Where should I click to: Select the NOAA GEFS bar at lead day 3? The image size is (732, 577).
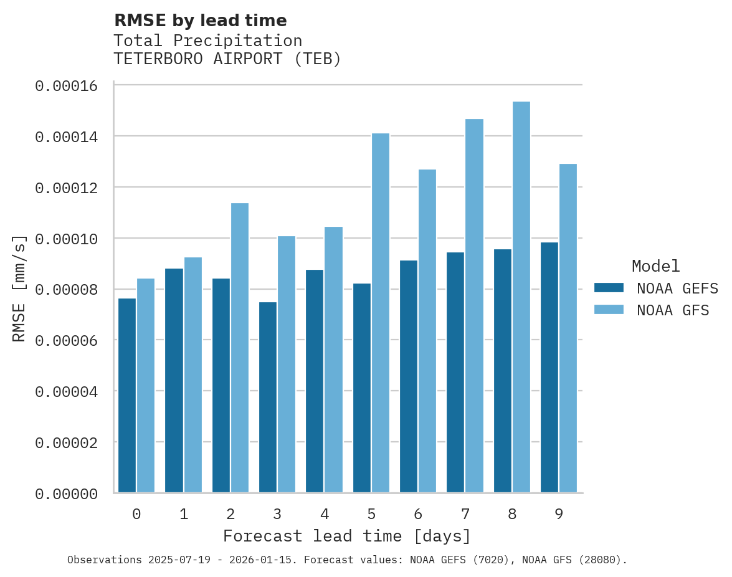pyautogui.click(x=268, y=398)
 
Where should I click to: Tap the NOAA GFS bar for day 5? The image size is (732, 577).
pyautogui.click(x=380, y=313)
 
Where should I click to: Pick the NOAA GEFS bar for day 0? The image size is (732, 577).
pyautogui.click(x=127, y=396)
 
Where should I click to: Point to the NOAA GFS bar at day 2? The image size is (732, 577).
pyautogui.click(x=240, y=348)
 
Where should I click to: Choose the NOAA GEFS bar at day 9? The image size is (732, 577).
pyautogui.click(x=549, y=368)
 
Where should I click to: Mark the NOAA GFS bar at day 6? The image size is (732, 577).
pyautogui.click(x=427, y=331)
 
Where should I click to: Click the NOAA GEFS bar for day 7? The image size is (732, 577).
pyautogui.click(x=455, y=373)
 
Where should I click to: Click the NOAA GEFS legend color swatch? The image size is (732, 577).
pyautogui.click(x=609, y=287)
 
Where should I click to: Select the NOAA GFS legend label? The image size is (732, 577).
pyautogui.click(x=673, y=310)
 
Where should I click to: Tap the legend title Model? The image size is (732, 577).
pyautogui.click(x=655, y=266)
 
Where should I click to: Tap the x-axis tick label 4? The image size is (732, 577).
pyautogui.click(x=325, y=514)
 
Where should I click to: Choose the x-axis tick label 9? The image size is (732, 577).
pyautogui.click(x=559, y=514)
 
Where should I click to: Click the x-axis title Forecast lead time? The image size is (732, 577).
pyautogui.click(x=347, y=536)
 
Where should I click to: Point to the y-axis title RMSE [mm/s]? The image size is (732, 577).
pyautogui.click(x=19, y=288)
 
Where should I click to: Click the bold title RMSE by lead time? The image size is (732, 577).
pyautogui.click(x=201, y=21)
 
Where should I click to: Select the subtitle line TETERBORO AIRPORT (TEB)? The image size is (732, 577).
pyautogui.click(x=227, y=59)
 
